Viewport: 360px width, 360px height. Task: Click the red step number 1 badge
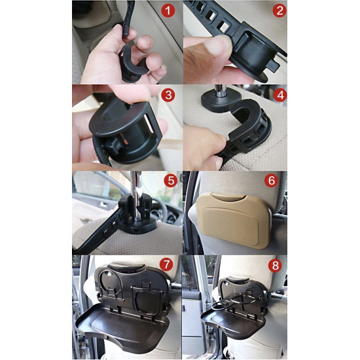click(x=168, y=10)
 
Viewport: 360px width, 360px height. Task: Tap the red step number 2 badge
click(x=279, y=10)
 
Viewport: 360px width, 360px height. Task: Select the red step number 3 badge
click(x=168, y=95)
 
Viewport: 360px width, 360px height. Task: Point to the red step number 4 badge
click(x=280, y=95)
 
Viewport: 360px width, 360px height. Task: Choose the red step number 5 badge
click(x=171, y=181)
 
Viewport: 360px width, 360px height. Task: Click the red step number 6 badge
click(x=271, y=181)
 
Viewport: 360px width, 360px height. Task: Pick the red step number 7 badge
click(x=166, y=264)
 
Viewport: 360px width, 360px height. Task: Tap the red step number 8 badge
click(x=276, y=266)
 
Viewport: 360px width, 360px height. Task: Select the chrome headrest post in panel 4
click(x=221, y=91)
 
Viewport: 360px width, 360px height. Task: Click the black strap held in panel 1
click(x=128, y=20)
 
